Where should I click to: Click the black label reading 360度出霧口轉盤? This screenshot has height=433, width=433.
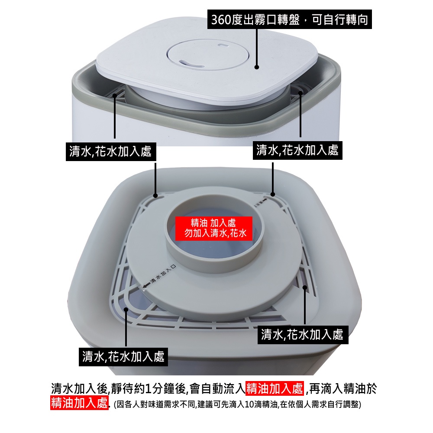coord(289,19)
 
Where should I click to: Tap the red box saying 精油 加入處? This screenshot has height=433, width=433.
coord(214,228)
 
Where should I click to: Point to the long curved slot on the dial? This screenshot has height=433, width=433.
coord(191,64)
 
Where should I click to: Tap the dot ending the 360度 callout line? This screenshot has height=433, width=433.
coord(256,67)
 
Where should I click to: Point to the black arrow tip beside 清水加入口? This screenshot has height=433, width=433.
coord(145,286)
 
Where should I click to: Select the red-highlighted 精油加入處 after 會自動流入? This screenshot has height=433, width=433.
coord(275,388)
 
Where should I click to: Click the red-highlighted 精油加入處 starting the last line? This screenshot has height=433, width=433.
coord(79,403)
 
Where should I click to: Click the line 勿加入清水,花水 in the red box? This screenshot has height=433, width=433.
coord(215,233)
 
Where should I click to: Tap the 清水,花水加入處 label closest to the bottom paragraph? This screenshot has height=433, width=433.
coord(123,357)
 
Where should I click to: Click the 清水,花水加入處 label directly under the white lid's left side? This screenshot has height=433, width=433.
coord(111,152)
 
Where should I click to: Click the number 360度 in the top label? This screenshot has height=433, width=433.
coord(226,19)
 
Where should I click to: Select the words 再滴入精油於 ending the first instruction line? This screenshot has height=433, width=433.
coord(343,388)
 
